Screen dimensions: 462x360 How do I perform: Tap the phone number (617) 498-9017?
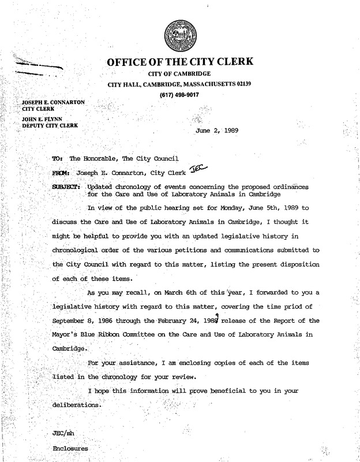[x=179, y=95]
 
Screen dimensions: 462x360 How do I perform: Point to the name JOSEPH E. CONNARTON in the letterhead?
[x=53, y=102]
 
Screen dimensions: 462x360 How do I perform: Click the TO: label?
[x=57, y=158]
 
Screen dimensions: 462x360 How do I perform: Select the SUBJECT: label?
[x=66, y=187]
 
